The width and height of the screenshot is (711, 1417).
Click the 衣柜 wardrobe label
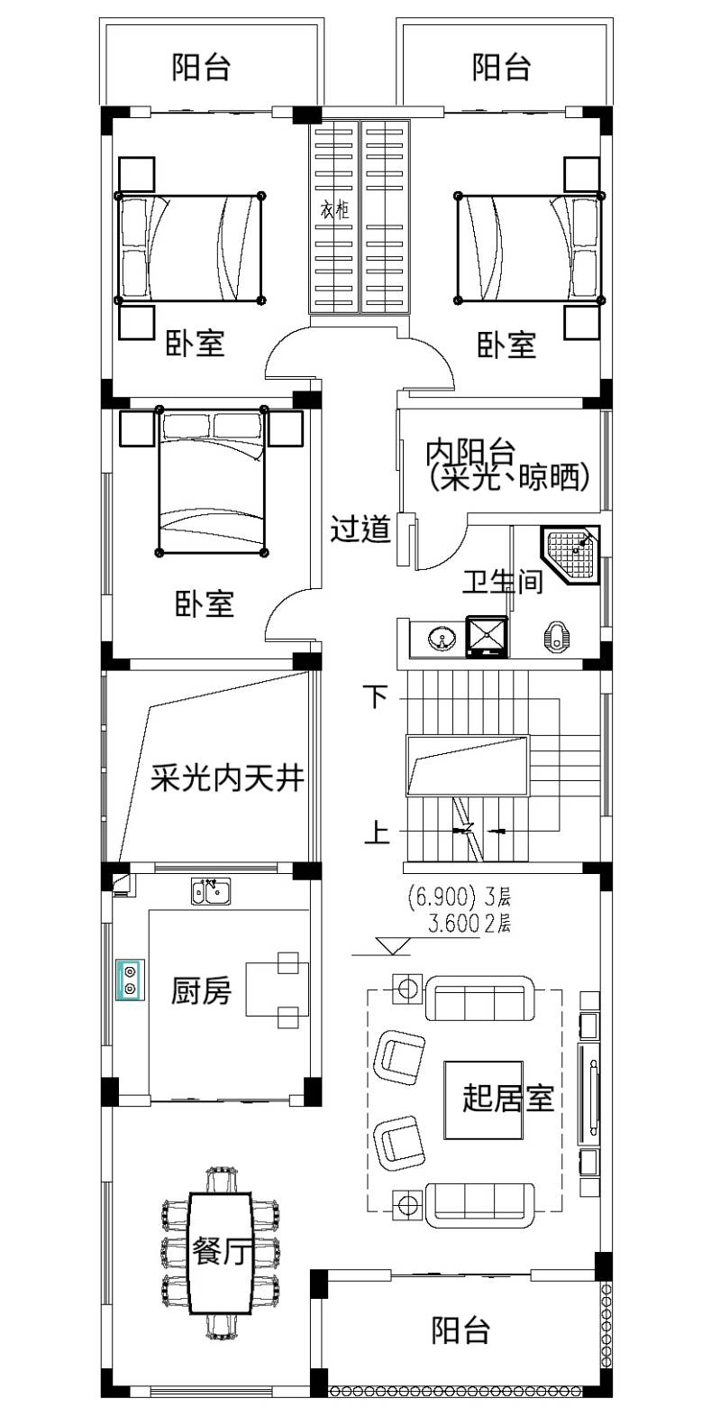333,209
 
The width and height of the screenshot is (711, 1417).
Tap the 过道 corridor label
360,529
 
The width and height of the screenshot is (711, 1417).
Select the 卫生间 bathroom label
503,581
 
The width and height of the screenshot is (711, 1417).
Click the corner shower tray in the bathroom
570,556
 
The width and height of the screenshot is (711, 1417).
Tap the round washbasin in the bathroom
442,637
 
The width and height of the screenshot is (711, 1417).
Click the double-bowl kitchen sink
211,891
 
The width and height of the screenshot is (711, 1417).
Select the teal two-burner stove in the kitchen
130,980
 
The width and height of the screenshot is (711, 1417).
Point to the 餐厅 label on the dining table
222,1251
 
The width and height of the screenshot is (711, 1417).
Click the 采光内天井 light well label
227,778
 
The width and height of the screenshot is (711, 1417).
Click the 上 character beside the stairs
378,832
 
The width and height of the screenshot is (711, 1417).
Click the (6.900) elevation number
442,897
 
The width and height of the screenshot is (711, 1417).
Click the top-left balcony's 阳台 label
201,67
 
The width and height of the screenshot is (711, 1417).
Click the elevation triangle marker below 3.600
393,945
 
